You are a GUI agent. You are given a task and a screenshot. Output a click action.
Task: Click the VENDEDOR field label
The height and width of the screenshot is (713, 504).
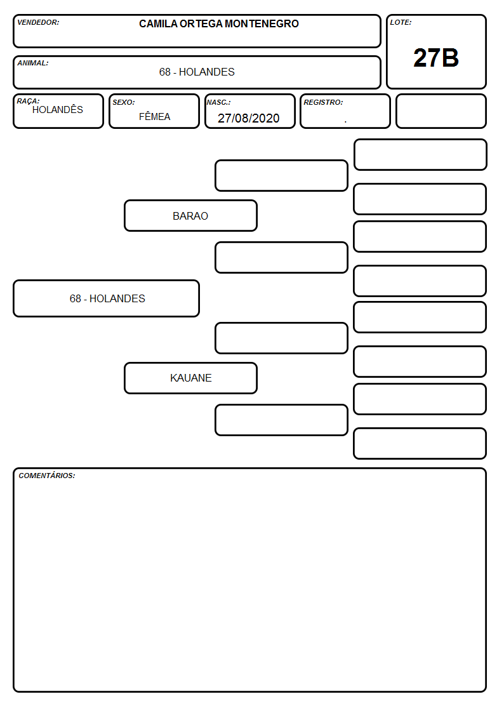coord(38,22)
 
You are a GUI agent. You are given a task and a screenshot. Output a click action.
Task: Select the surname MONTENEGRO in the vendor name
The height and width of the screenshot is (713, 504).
coord(262,23)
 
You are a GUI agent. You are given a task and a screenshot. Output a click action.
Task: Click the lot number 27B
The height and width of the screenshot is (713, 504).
coord(436,58)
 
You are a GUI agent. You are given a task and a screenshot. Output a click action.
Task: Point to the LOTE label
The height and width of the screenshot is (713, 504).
coord(401,22)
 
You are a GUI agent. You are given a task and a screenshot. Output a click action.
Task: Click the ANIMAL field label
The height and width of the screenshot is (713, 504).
coord(33,63)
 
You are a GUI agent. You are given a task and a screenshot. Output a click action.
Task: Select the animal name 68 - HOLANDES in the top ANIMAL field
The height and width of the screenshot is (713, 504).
coord(197,72)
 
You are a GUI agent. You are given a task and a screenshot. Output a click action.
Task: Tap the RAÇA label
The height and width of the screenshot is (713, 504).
coord(28,101)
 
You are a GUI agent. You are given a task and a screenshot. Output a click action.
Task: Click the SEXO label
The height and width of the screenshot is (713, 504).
coord(124,102)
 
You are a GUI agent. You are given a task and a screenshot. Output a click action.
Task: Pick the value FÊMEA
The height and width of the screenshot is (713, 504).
coord(154,116)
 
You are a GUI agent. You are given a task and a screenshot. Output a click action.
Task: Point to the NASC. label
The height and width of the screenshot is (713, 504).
coord(218,102)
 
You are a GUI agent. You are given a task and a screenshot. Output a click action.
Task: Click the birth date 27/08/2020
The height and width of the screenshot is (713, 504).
coord(249,118)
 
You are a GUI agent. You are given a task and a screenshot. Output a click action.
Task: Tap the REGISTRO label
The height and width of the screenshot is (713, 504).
coord(323,102)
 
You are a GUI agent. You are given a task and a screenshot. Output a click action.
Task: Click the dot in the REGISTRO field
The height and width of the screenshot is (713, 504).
coord(345,122)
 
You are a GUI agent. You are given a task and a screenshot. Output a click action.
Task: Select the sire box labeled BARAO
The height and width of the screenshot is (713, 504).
coord(191,215)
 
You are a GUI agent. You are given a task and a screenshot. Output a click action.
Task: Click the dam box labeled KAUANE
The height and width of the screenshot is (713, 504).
coord(191,378)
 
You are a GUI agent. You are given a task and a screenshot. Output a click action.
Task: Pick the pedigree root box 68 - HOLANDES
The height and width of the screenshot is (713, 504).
coord(107,298)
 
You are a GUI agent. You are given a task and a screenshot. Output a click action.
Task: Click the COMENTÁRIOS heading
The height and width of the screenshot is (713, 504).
coord(47,476)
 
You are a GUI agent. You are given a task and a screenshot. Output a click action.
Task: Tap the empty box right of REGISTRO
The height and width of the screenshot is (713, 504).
coord(441,111)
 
